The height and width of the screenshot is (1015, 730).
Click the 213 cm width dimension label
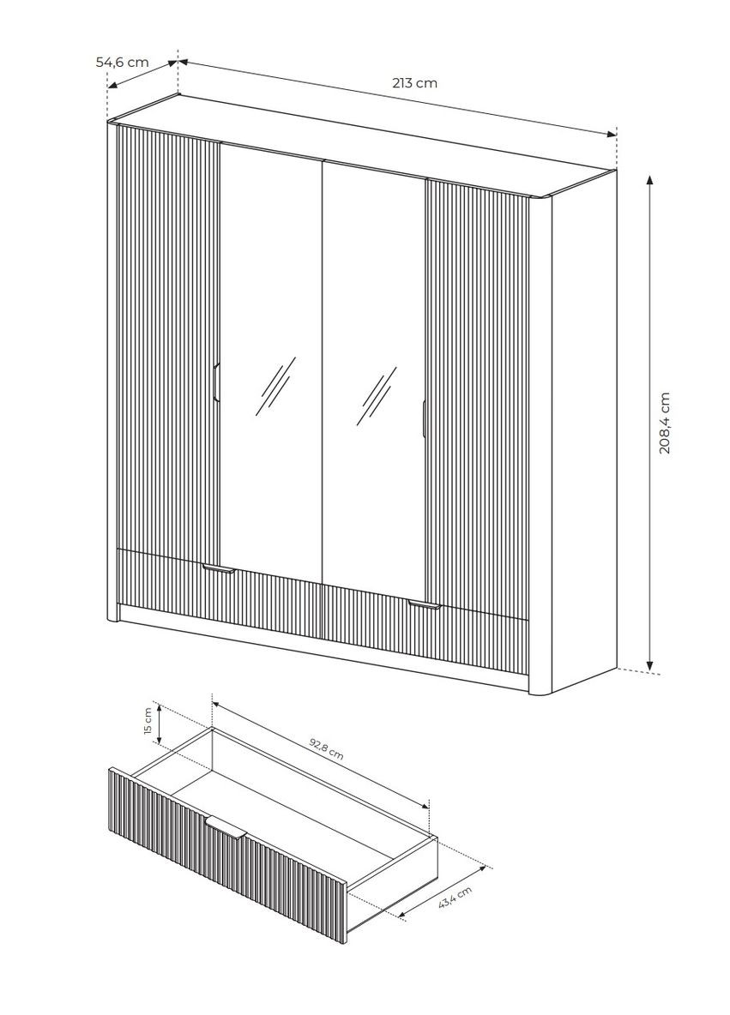[414, 83]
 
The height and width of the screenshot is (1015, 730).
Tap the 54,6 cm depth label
[122, 62]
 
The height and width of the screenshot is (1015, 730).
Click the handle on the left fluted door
[217, 382]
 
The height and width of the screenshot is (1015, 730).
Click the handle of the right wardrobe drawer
[424, 606]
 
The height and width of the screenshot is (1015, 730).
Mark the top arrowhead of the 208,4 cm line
[650, 178]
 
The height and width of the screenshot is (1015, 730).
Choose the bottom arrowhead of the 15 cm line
[158, 738]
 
